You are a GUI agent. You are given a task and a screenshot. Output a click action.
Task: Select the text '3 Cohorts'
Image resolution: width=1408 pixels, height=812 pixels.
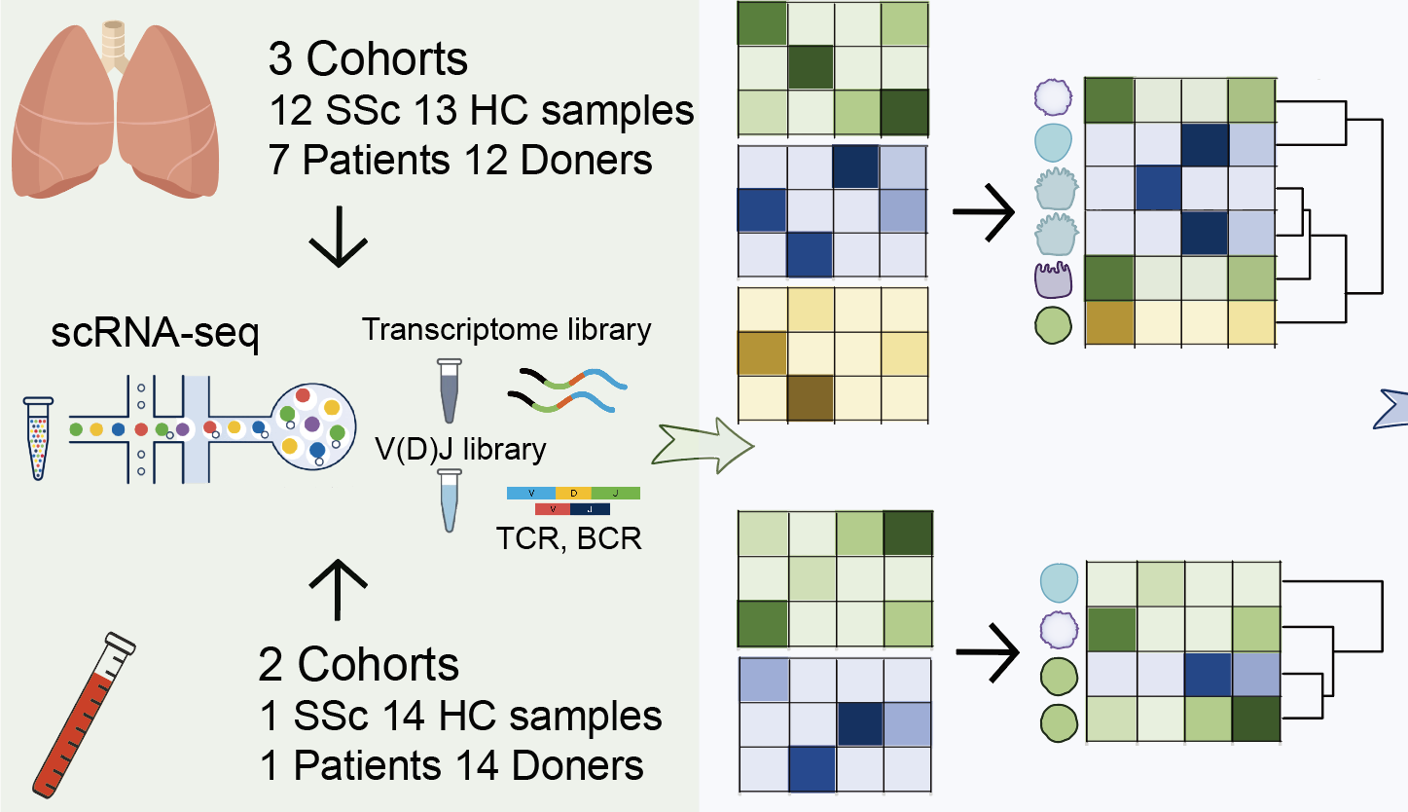click(x=368, y=60)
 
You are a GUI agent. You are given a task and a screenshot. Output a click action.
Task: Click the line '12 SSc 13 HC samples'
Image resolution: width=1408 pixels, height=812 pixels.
click(x=481, y=110)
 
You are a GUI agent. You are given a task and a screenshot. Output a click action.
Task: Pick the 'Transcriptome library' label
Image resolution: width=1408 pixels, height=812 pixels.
click(x=507, y=330)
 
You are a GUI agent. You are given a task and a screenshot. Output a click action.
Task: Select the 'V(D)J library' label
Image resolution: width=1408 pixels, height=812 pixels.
click(x=461, y=450)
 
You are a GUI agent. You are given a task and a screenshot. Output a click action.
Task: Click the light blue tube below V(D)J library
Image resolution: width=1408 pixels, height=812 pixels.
click(x=449, y=500)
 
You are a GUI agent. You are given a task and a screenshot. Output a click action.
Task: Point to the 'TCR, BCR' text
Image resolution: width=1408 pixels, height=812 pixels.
click(x=574, y=537)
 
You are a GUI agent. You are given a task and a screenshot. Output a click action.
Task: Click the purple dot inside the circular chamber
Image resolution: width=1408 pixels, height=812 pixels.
click(x=312, y=425)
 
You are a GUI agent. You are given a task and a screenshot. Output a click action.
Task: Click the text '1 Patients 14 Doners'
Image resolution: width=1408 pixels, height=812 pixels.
click(x=452, y=765)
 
